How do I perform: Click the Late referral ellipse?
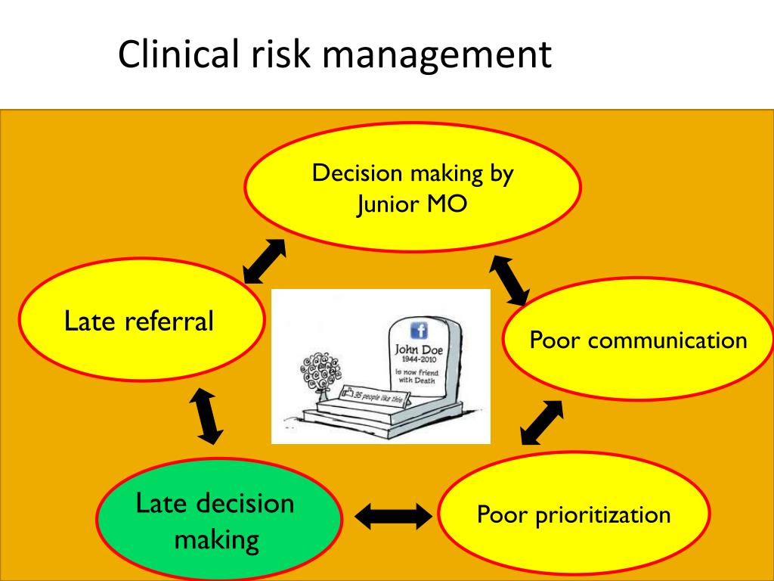click(141, 321)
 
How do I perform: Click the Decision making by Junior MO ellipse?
click(412, 186)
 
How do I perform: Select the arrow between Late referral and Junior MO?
click(265, 261)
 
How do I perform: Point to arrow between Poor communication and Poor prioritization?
click(543, 422)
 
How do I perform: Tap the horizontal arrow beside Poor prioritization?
click(392, 517)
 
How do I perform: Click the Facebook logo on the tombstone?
click(418, 330)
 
